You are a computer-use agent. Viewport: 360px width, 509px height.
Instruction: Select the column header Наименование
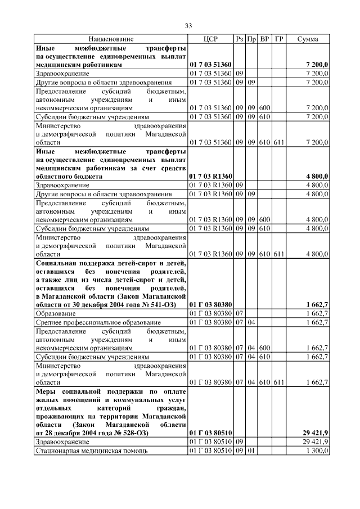[111, 39]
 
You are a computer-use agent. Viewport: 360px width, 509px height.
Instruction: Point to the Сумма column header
[308, 39]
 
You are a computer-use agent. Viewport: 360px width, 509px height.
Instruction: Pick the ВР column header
[265, 39]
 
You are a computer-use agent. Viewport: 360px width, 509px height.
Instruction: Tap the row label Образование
[54, 313]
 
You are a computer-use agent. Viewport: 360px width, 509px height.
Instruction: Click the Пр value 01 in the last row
[251, 451]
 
